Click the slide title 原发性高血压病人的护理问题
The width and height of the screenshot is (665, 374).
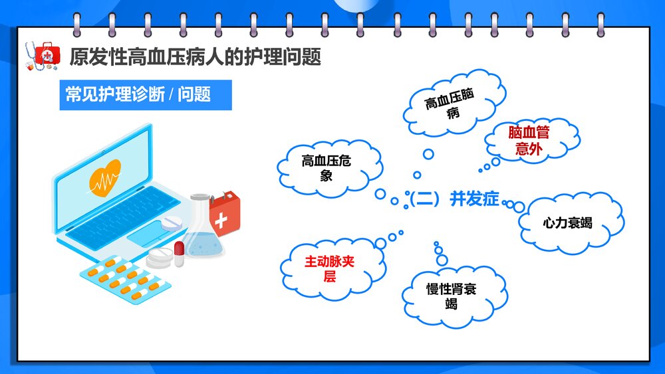(x=195, y=57)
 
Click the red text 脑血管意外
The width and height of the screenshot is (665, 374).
(x=529, y=141)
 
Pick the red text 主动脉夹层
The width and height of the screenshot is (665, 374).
(x=329, y=269)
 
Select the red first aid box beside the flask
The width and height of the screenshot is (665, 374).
(x=223, y=211)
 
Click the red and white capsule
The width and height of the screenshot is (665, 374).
(x=179, y=254)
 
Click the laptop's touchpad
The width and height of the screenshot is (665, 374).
(x=148, y=234)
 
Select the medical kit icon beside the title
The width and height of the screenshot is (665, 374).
(x=42, y=55)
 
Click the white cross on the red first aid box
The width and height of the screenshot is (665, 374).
(x=221, y=219)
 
